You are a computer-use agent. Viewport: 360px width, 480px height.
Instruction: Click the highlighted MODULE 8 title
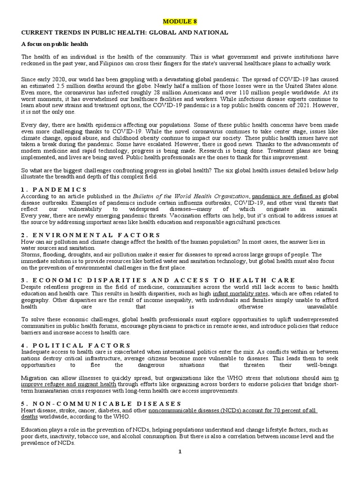pos(180,22)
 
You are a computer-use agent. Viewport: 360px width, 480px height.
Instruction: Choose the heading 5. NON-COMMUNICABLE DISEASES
pos(101,403)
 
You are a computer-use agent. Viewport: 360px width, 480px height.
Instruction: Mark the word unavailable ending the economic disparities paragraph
pos(321,307)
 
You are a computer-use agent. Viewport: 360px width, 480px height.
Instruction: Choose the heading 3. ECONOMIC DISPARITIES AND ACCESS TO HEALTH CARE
pos(158,280)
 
